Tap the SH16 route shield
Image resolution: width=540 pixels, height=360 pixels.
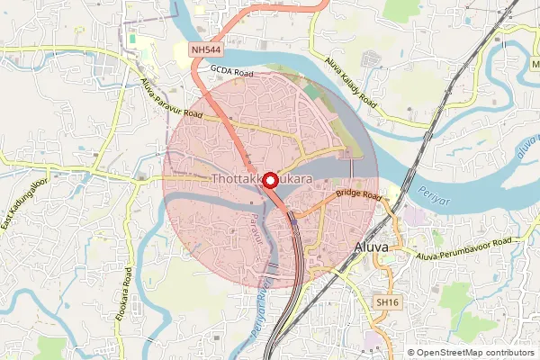[x=388, y=302]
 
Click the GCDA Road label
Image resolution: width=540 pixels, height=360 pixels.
[x=233, y=68]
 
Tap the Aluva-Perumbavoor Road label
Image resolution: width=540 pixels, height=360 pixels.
[x=468, y=249]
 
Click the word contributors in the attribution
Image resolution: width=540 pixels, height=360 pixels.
[x=510, y=353]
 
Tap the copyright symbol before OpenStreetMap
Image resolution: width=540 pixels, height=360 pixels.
[x=411, y=353]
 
